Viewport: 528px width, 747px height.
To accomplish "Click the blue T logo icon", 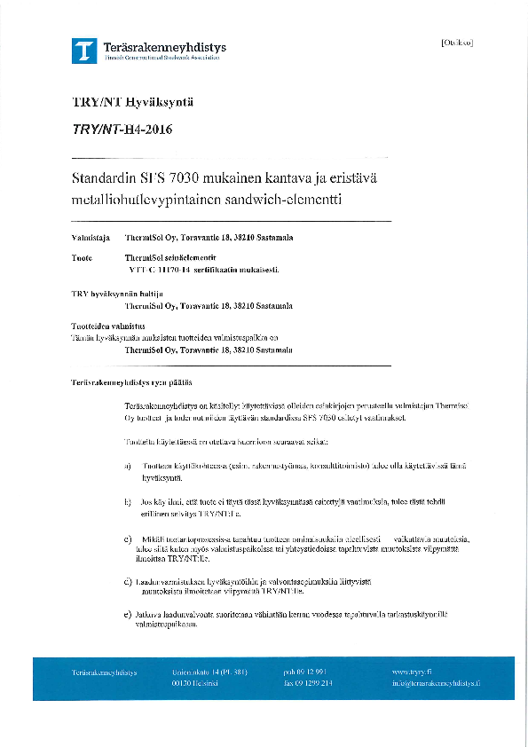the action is pos(84,50).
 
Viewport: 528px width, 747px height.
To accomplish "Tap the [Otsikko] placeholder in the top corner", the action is pos(456,43).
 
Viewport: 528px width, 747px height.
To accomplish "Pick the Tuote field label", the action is pos(82,256).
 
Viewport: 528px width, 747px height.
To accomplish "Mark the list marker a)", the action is pos(128,465).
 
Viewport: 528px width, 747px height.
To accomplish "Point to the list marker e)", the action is pos(128,614).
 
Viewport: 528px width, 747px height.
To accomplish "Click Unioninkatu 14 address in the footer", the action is pos(208,672).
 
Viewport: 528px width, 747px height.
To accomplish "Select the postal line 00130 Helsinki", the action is pos(197,683).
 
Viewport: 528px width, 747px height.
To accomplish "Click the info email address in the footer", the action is pos(436,683).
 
